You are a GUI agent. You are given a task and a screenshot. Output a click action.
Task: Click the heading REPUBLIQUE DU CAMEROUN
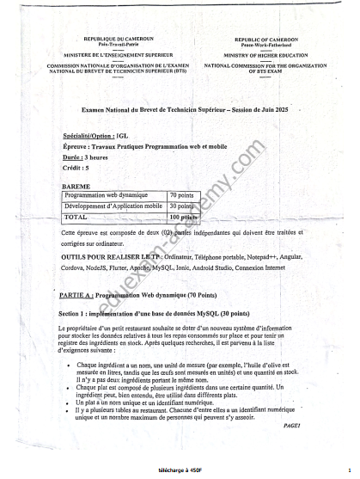[x=119, y=39]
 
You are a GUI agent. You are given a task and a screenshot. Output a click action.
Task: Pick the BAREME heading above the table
[x=76, y=186]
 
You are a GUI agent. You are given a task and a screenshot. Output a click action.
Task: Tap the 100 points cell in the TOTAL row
[x=183, y=218]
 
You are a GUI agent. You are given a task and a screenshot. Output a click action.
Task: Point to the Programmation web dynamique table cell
[x=106, y=196]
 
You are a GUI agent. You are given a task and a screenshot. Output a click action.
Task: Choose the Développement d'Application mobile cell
[x=113, y=206]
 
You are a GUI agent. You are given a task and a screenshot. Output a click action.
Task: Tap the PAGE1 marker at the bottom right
[x=292, y=427]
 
